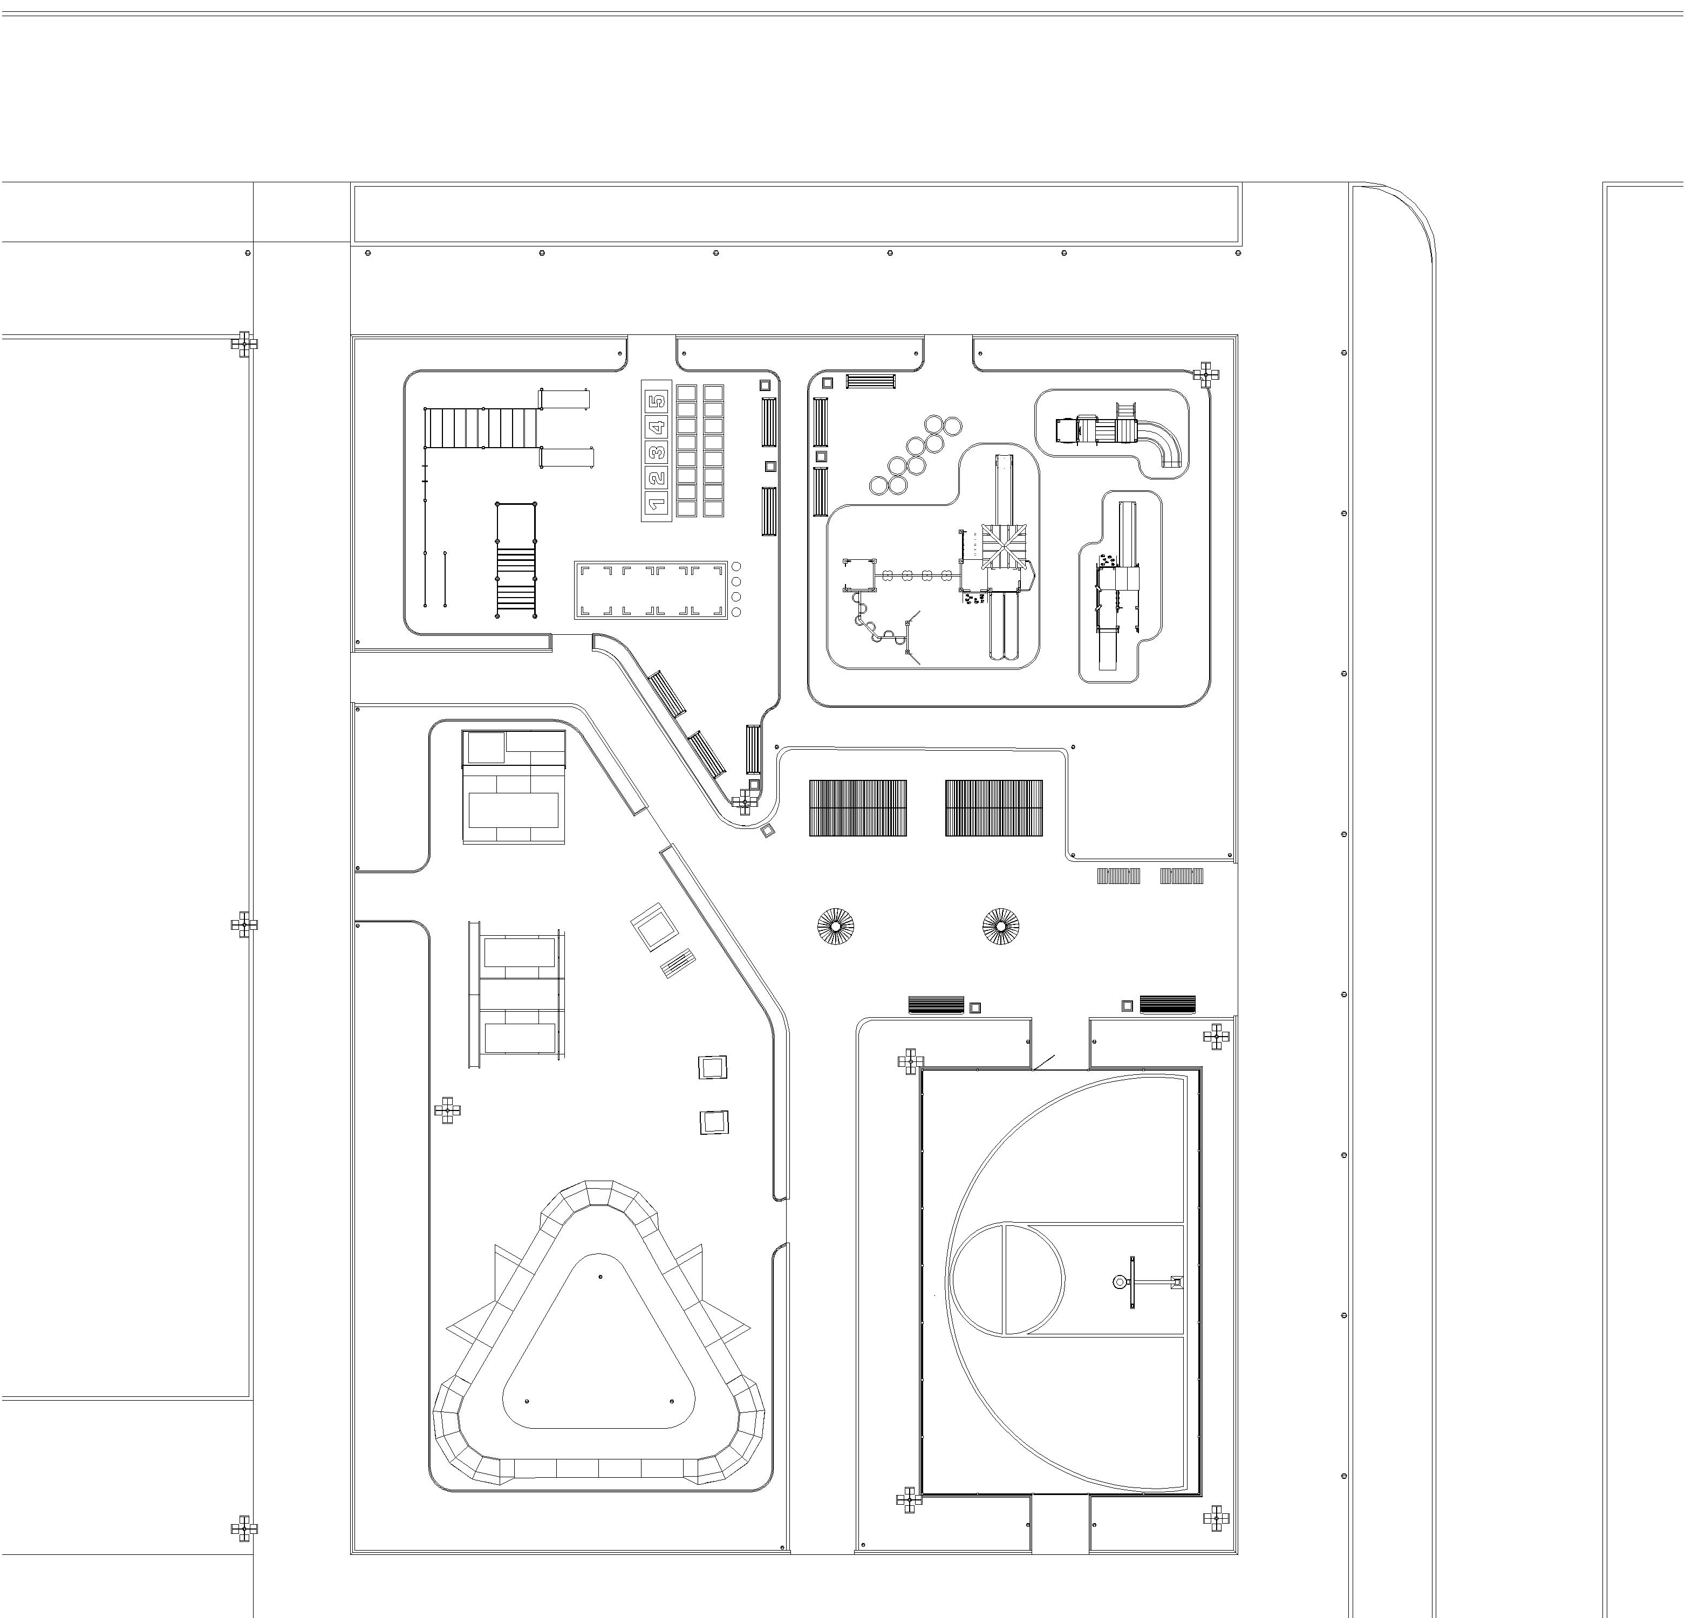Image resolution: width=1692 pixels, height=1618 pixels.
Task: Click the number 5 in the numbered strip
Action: coord(658,401)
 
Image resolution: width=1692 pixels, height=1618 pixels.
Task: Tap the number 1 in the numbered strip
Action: coord(658,503)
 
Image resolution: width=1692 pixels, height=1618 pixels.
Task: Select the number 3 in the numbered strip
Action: coord(658,452)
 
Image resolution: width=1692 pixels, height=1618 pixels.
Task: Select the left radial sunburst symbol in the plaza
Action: coord(835,926)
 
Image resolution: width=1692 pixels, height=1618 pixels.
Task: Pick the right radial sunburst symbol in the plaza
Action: coord(1000,926)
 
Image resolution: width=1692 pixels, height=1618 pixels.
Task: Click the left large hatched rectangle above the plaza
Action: coord(858,808)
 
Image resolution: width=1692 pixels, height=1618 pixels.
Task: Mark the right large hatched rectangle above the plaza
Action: coord(994,808)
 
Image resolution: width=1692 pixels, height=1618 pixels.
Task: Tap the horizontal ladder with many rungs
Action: coord(481,429)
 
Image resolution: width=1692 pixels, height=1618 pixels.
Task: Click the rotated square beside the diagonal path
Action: coord(656,926)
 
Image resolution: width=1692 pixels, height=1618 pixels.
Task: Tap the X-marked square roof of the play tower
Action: coord(1001,546)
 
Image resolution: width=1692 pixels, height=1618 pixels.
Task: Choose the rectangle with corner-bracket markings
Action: coord(651,590)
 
